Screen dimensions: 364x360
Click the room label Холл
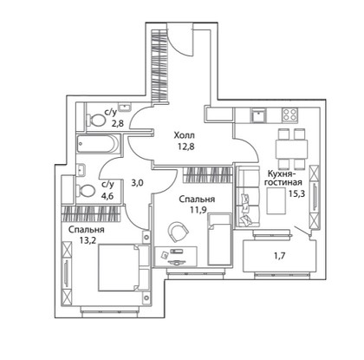[x=184, y=135]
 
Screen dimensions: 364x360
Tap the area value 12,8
[x=186, y=147]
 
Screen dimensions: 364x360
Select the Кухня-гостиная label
[x=283, y=178]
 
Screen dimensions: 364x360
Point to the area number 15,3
[x=296, y=193]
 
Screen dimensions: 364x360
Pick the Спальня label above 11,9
[x=197, y=200]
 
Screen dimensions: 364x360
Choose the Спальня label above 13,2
[x=86, y=230]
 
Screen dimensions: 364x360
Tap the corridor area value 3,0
[x=138, y=183]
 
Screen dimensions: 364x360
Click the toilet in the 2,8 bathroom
[x=95, y=120]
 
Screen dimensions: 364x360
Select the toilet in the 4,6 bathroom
[x=86, y=191]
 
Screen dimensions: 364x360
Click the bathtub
[x=98, y=144]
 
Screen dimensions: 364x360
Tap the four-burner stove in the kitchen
[x=289, y=115]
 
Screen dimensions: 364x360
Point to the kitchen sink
[x=258, y=115]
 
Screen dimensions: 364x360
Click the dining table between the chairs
[x=292, y=149]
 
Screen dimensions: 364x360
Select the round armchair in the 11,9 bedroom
[x=178, y=232]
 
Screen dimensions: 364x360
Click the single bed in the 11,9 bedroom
[x=219, y=239]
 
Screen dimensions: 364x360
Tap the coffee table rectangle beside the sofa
[x=276, y=201]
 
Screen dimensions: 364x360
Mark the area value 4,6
[x=107, y=196]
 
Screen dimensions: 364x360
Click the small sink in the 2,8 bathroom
[x=125, y=107]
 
